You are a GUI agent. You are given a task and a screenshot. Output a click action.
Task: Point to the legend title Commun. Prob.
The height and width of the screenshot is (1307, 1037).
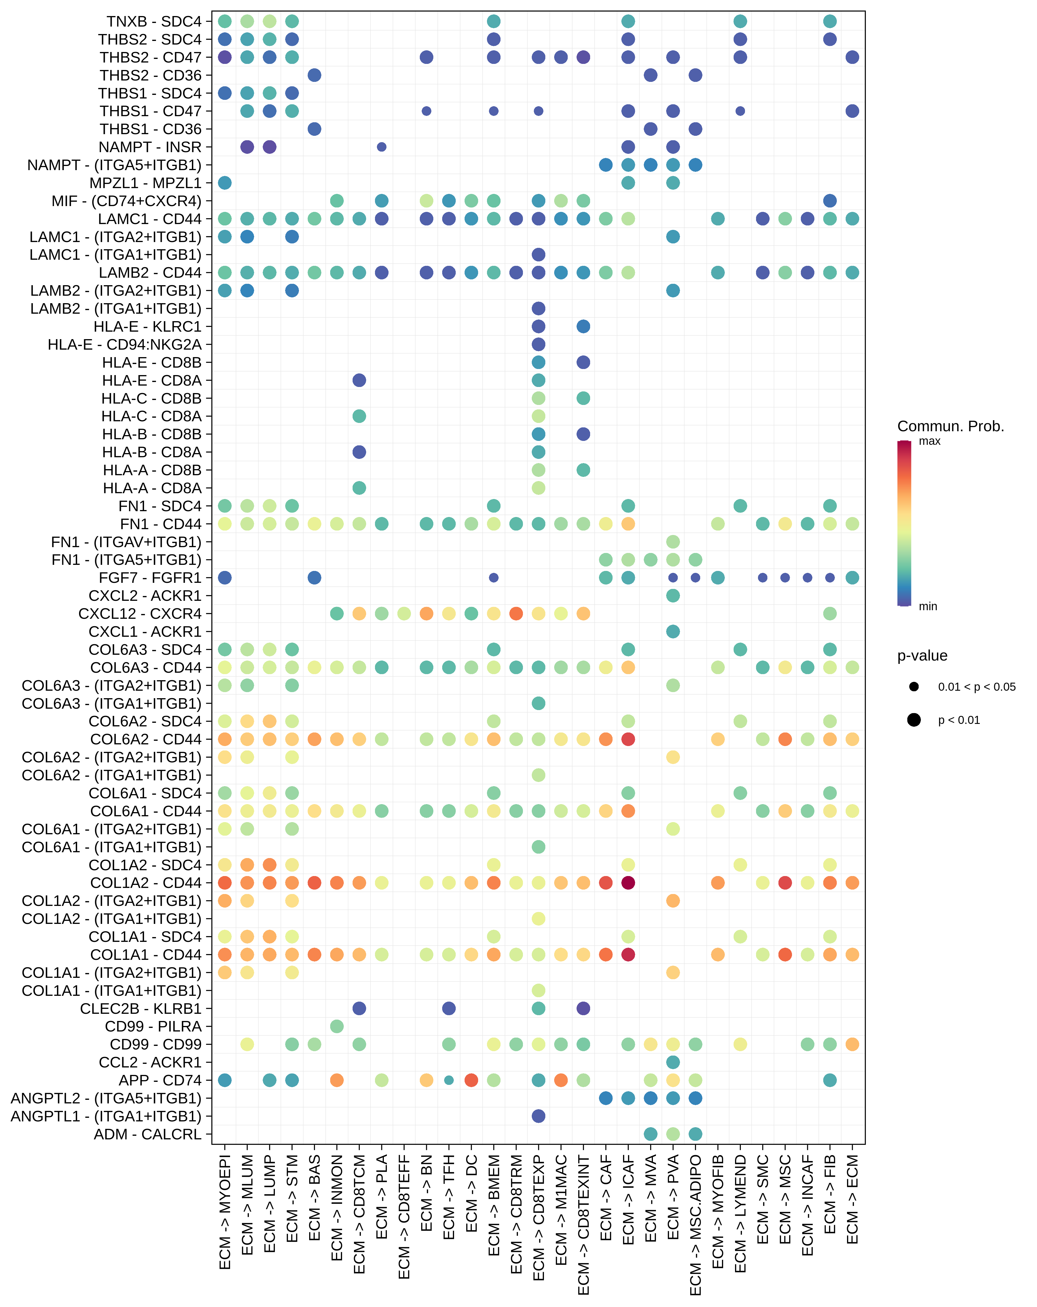point(950,426)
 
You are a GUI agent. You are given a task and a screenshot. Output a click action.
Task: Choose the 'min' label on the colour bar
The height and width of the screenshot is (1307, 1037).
point(928,606)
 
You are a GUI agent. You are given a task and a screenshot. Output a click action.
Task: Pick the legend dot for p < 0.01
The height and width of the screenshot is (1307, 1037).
point(914,720)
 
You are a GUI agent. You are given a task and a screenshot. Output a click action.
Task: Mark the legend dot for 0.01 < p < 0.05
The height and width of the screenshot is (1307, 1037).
point(914,687)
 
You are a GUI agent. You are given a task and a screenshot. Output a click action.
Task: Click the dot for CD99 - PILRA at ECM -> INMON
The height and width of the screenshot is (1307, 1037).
point(337,1026)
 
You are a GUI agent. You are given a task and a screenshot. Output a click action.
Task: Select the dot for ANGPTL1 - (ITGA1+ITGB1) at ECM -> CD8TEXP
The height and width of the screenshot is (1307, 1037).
point(538,1116)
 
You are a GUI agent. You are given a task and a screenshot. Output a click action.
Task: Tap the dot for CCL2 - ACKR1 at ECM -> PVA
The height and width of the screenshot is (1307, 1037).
point(673,1062)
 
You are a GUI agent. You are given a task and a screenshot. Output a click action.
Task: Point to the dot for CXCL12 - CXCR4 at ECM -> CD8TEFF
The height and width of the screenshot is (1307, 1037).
point(404,614)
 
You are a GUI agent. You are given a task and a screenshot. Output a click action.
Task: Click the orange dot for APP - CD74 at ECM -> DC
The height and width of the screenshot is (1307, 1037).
point(471,1080)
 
